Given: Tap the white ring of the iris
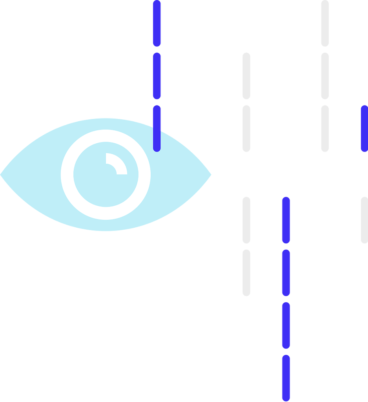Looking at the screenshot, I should point(67,175).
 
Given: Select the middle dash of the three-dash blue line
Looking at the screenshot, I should point(157,76).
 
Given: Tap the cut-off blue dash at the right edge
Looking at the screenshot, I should point(364,128).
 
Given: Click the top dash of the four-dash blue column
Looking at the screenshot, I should point(286,220).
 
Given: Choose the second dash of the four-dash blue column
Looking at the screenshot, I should point(286,272).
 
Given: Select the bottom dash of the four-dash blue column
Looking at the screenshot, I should point(286,378).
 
